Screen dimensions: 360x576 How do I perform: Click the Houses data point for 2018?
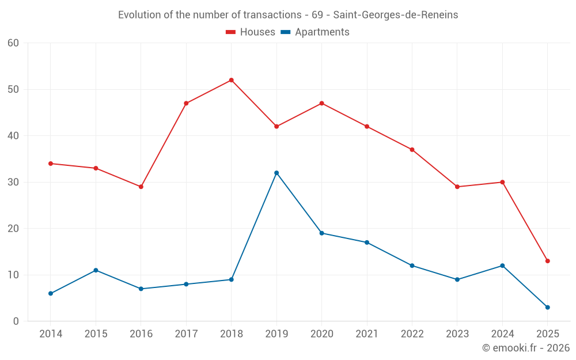point(231,80)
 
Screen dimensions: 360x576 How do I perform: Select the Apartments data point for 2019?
point(276,173)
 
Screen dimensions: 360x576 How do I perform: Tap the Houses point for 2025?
point(547,261)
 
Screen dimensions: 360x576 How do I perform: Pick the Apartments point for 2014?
point(51,293)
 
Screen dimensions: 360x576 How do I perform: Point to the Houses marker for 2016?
point(141,187)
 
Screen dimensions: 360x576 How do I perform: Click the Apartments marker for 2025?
point(547,307)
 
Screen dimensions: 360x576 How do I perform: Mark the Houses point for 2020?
point(321,103)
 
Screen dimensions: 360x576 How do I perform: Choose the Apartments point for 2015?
point(96,270)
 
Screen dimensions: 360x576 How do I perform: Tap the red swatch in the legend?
point(231,32)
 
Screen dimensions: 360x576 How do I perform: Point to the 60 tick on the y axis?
point(14,43)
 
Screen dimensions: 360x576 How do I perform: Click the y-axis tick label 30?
point(14,182)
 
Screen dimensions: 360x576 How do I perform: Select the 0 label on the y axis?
point(16,321)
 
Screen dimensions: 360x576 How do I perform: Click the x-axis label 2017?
point(186,334)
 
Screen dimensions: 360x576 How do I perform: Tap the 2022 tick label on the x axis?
point(412,334)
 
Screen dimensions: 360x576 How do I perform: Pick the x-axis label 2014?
point(51,334)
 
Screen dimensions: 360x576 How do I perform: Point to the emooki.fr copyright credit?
point(525,348)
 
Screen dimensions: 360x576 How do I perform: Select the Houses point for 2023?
point(457,187)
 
